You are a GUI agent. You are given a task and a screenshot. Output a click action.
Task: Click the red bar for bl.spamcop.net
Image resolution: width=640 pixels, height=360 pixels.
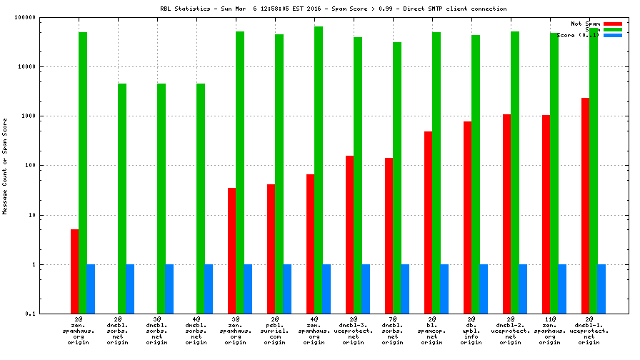(428, 222)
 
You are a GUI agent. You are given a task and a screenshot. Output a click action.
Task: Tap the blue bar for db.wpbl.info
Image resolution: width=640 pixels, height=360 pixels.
(484, 289)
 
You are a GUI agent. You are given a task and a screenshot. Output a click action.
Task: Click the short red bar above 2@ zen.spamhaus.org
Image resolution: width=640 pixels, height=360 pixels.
(74, 271)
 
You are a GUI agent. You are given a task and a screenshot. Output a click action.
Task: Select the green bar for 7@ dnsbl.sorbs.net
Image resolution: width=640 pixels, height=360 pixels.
(396, 178)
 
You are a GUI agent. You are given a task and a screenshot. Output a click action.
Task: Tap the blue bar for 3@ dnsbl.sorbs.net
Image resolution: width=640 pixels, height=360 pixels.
(169, 289)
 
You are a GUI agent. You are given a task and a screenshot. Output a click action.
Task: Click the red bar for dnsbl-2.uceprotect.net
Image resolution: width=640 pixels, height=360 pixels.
(506, 214)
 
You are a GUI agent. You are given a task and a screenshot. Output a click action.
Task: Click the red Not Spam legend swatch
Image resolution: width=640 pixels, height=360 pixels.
(612, 24)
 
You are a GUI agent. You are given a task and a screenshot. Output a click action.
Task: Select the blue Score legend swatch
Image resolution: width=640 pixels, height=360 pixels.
(612, 35)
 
